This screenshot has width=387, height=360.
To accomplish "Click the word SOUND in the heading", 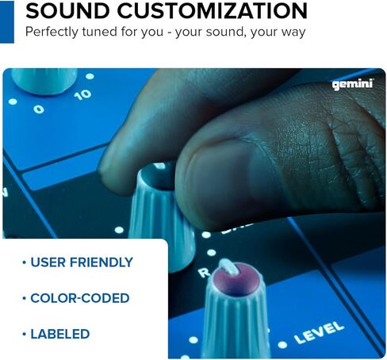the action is click(67, 11).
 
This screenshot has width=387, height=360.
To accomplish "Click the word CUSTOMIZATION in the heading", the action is click(213, 11).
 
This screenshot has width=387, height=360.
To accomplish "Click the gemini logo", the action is click(353, 85).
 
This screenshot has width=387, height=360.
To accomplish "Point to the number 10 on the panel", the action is click(82, 94).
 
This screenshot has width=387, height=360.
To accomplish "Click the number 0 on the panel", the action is click(39, 109).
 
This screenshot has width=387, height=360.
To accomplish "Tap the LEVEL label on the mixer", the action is click(319, 332).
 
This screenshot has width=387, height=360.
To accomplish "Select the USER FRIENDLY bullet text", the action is click(82, 262).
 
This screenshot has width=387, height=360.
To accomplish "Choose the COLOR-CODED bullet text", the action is click(80, 298).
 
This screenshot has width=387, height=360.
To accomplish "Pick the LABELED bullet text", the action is click(60, 334).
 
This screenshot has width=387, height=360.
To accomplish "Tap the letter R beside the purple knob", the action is click(204, 273).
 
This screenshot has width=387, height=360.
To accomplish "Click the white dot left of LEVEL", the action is click(282, 345).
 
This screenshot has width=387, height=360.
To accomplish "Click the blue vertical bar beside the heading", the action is click(7, 21).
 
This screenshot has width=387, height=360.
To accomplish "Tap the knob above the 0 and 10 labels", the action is click(44, 80).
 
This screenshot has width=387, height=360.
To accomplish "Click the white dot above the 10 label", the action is click(90, 76).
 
